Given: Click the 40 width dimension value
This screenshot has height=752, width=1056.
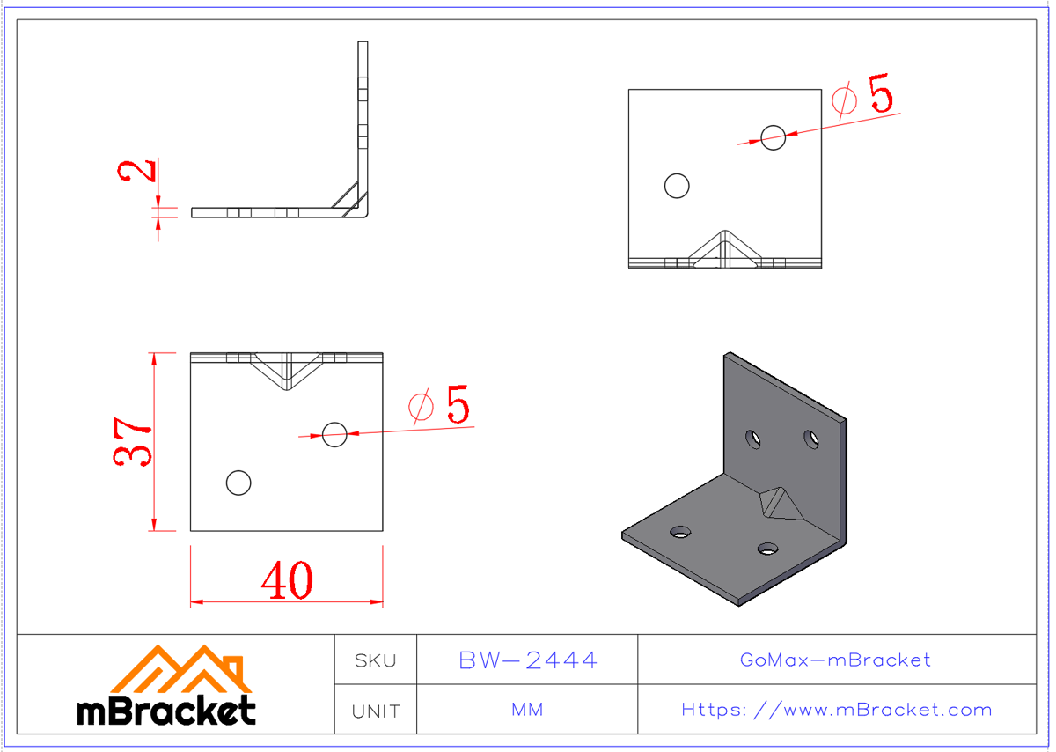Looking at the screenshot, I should tap(287, 579).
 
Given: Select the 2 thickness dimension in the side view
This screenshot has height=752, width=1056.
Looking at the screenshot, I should tap(136, 171).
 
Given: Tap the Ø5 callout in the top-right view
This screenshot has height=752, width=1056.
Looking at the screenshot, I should tap(865, 96).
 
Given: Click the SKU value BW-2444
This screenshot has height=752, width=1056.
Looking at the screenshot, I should tap(528, 660).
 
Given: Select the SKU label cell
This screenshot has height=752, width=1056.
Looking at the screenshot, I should tap(375, 660).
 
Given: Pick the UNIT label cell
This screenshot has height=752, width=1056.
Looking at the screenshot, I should tap(375, 711).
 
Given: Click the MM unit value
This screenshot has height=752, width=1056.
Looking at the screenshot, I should tap(527, 710).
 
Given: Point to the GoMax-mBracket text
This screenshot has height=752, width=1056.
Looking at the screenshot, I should tap(835, 660).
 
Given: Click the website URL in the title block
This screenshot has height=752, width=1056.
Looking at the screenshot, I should tap(836, 710).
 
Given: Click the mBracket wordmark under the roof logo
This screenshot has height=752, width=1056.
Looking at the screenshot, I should tap(166, 710).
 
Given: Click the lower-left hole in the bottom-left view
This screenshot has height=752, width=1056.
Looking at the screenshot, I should tap(238, 483).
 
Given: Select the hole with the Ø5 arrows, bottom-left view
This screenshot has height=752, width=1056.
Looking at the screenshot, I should tap(334, 433).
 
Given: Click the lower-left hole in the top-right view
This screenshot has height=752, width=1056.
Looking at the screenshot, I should tap(677, 186).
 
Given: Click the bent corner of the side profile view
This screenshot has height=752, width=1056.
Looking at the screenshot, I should tap(360, 208).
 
